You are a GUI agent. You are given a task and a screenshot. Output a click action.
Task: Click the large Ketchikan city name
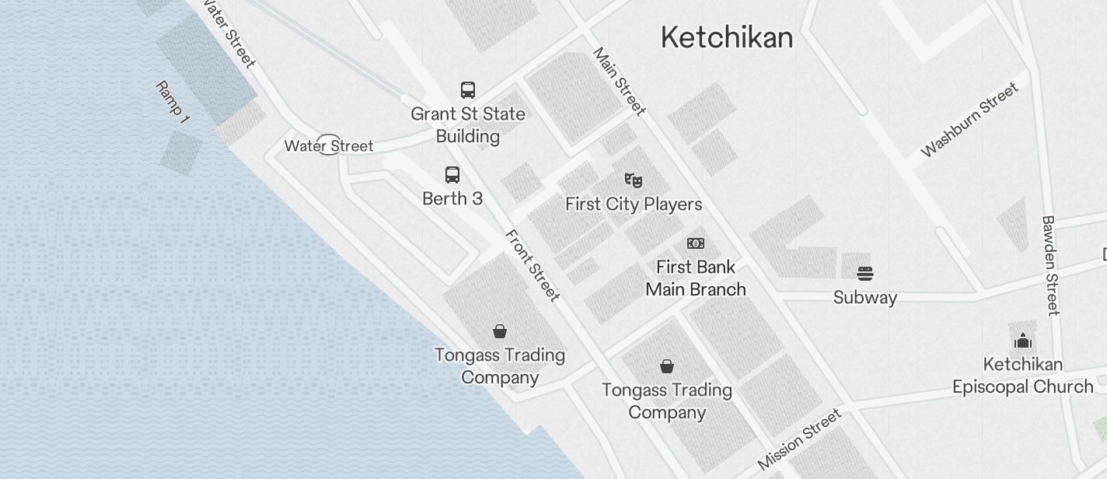pos(727,37)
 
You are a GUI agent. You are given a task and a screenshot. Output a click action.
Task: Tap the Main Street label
pos(620,82)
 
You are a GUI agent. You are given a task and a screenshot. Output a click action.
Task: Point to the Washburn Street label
pos(969,120)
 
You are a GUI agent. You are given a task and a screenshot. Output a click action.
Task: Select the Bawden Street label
pos(1050,266)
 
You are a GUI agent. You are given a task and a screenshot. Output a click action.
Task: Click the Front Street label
pos(533,265)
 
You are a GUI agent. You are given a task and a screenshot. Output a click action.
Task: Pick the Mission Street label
pos(799,439)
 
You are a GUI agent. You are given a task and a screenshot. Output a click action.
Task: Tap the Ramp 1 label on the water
pos(173,102)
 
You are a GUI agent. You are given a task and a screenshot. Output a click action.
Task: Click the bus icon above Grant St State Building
pos(468,90)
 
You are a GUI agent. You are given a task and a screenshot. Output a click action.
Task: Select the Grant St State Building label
pos(468,124)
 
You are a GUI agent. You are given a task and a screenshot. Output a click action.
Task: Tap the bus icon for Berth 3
pos(452,175)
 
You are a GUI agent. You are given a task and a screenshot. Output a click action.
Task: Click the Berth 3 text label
pos(452,199)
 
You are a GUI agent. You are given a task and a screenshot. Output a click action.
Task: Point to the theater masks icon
pos(634,180)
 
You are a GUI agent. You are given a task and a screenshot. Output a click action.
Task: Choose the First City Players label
pos(634,205)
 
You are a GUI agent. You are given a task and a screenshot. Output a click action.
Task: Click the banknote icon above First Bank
pos(696,243)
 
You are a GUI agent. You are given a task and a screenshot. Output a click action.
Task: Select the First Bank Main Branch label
pos(696,278)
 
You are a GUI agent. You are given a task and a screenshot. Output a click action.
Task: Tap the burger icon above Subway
pos(865,274)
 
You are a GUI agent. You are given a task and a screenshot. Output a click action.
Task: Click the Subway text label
pos(865,298)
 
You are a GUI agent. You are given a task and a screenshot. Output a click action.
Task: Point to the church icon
pos(1023,341)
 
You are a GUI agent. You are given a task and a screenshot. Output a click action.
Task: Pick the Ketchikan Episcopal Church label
pos(1023,376)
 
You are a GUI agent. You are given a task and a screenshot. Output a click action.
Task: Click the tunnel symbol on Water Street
pos(329,145)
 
